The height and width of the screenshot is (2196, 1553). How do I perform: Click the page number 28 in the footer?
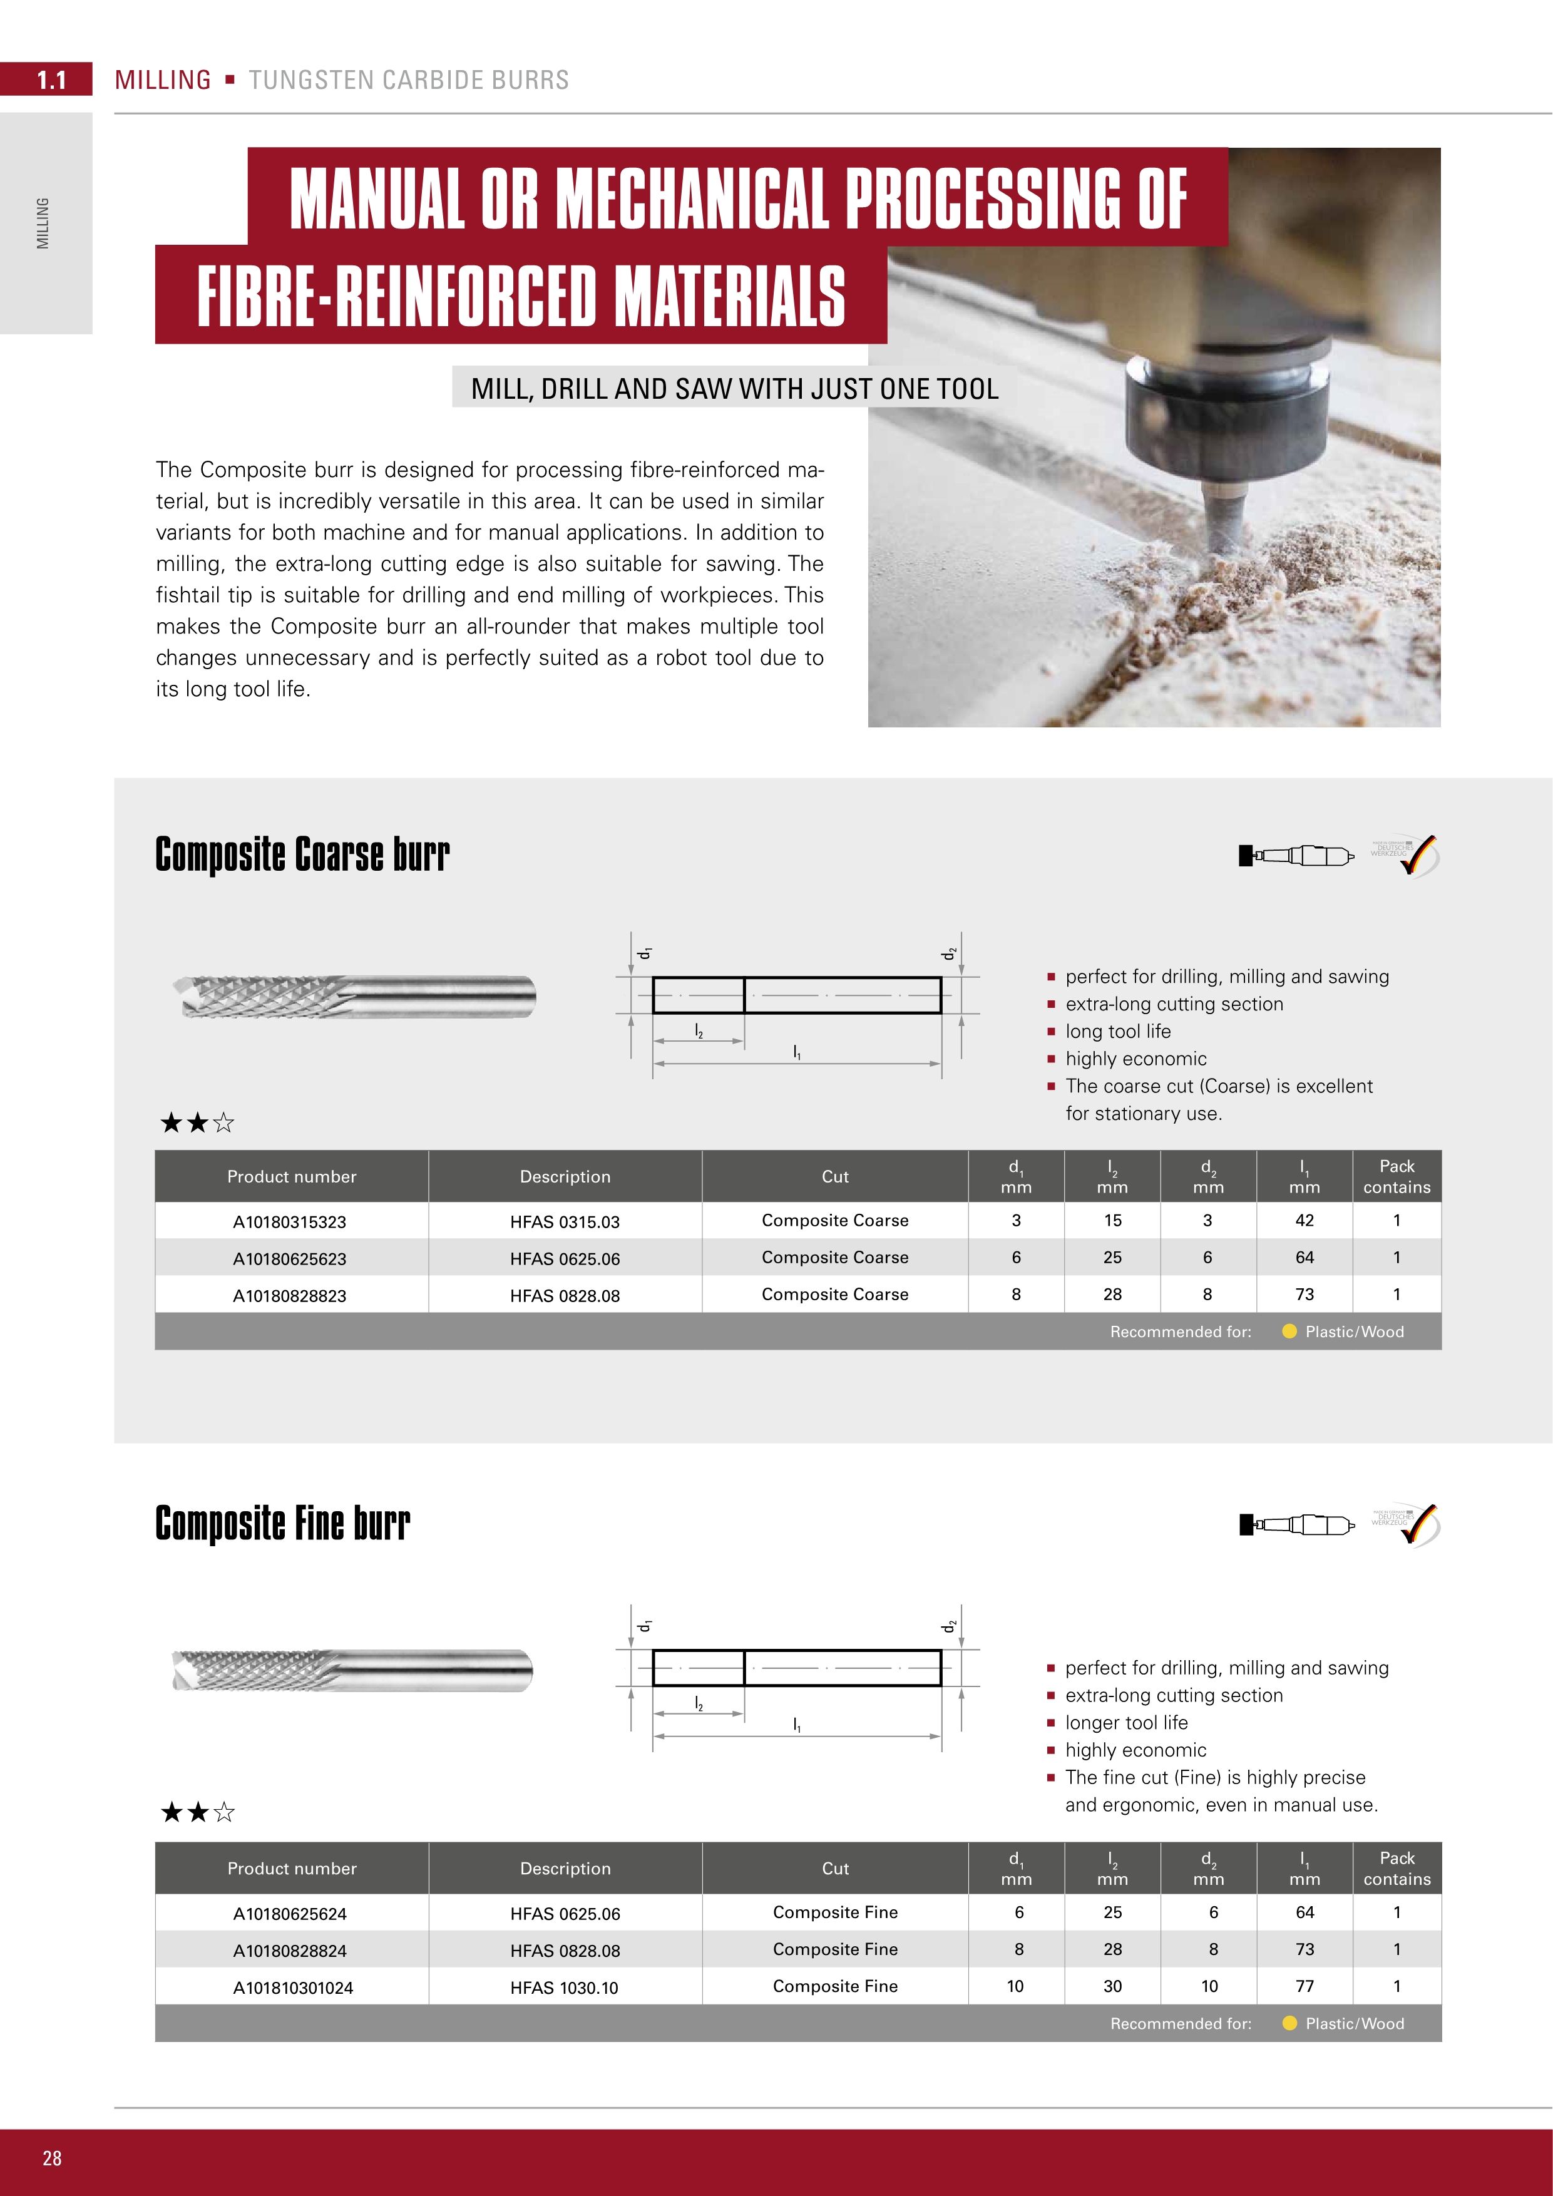pos(51,2158)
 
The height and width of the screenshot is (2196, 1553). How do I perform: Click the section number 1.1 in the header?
pos(51,80)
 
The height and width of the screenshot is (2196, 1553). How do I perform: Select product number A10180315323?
pos(290,1221)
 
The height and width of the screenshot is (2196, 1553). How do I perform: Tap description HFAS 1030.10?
pos(564,1988)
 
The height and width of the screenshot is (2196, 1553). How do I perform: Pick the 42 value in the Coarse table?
pos(1304,1221)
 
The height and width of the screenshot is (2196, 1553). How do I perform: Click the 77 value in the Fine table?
pos(1304,1986)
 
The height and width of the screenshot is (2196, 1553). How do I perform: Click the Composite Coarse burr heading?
pos(302,854)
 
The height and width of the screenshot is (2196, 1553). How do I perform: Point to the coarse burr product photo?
pos(354,997)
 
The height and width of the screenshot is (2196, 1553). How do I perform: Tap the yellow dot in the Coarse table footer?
pos(1289,1331)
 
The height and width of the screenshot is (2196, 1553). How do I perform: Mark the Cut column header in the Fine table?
pos(835,1868)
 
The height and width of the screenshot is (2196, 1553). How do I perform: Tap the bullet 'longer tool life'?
pos(1127,1723)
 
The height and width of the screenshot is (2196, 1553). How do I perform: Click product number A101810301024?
pos(292,1988)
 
